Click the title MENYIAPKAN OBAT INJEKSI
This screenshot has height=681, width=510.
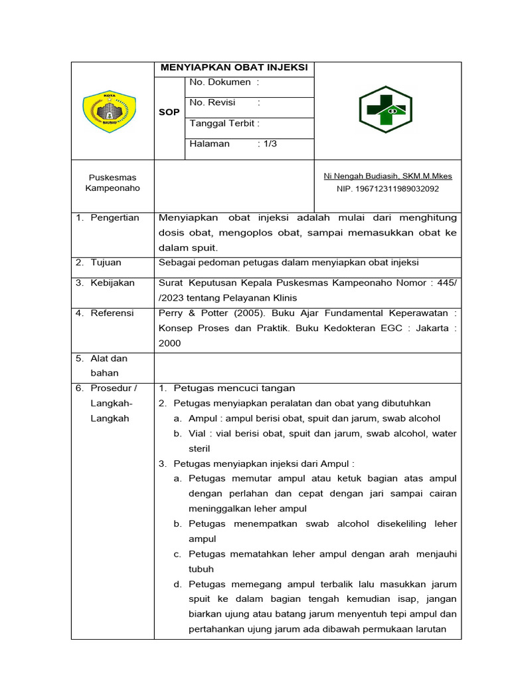tap(234, 68)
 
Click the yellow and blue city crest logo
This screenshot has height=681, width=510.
tap(109, 112)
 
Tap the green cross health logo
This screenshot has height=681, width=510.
tap(385, 110)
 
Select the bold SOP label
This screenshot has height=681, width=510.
tap(169, 112)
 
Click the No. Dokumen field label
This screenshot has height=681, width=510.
tap(224, 82)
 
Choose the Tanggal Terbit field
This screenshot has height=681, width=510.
tap(224, 123)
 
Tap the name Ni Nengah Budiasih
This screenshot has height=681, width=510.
tap(388, 176)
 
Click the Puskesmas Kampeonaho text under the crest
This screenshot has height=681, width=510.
tap(113, 183)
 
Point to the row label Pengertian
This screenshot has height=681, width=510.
tap(115, 218)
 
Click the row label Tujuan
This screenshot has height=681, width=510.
tap(106, 263)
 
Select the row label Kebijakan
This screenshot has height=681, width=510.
tap(112, 283)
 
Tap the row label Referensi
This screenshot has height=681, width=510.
tap(112, 313)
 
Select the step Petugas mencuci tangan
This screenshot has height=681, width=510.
tap(234, 388)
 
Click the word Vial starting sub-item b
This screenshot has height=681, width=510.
tap(197, 434)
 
